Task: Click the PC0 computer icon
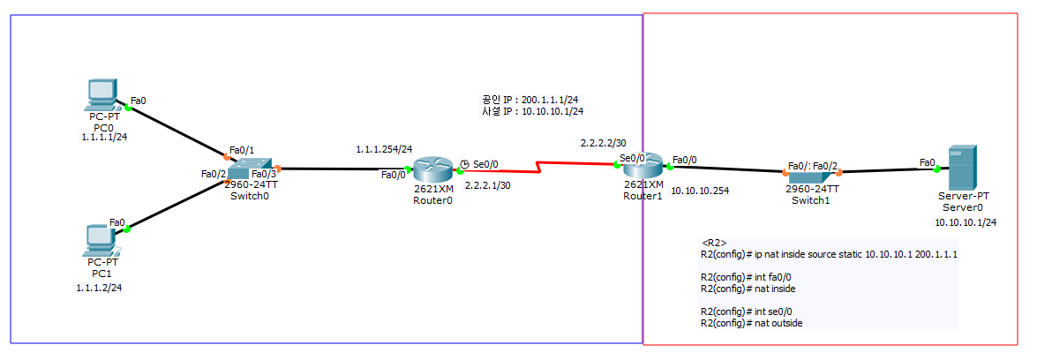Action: tap(102, 94)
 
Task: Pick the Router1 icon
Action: tap(642, 164)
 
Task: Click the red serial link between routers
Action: tap(538, 166)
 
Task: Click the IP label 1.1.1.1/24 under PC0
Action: tap(104, 138)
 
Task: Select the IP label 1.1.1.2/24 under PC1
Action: tap(99, 288)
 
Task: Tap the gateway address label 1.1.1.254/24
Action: tap(384, 148)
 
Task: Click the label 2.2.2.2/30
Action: tap(603, 142)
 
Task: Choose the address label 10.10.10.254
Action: tap(699, 190)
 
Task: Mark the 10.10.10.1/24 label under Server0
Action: tap(966, 223)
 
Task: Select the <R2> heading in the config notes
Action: tap(713, 242)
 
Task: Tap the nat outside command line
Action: tap(752, 323)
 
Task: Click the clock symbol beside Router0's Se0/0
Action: tap(465, 163)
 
